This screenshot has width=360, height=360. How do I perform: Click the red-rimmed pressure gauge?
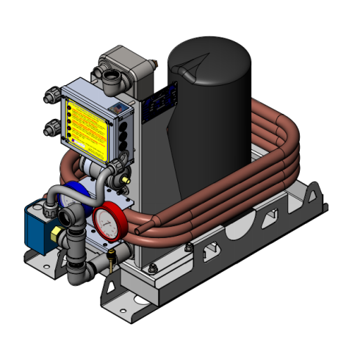pos(108,220)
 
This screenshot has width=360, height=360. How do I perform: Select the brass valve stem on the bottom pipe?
pos(111,258)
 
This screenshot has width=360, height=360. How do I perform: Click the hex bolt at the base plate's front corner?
pos(153,267)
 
